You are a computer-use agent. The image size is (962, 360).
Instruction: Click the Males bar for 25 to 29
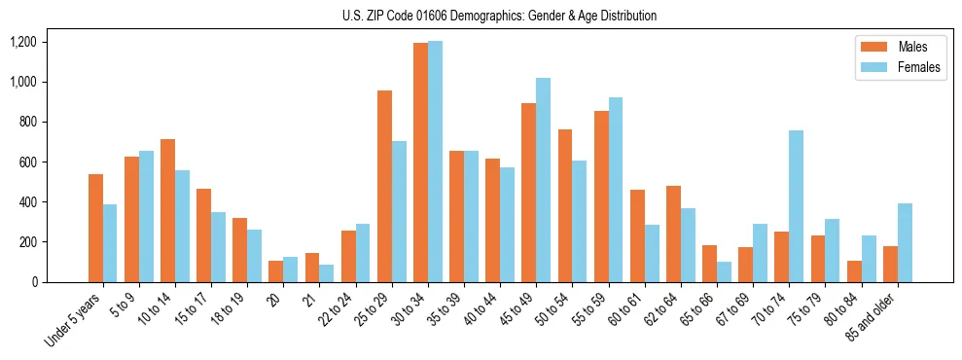384,186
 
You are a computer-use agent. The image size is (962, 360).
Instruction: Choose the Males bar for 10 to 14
167,210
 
